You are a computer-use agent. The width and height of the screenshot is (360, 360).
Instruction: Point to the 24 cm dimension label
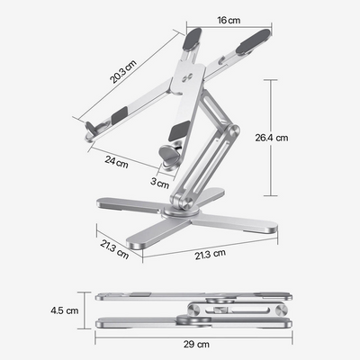click(x=116, y=163)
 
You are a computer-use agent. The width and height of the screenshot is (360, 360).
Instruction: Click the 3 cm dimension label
click(x=160, y=184)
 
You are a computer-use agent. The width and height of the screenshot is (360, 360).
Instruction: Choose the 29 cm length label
click(x=197, y=345)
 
